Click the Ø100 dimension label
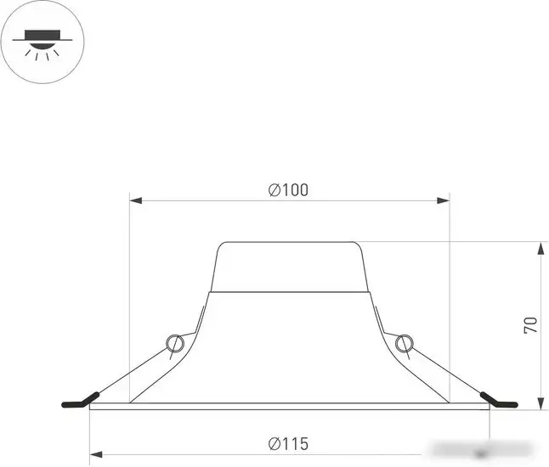[x=288, y=190]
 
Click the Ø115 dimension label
[x=288, y=443]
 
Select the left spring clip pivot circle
[x=176, y=344]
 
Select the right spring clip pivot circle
[x=403, y=344]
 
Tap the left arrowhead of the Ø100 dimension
[x=134, y=201]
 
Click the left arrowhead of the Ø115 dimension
[x=94, y=454]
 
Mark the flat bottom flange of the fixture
[x=290, y=405]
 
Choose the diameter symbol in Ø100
[x=274, y=190]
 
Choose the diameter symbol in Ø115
[x=274, y=443]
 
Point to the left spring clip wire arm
[x=136, y=370]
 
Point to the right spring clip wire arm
[x=444, y=370]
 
